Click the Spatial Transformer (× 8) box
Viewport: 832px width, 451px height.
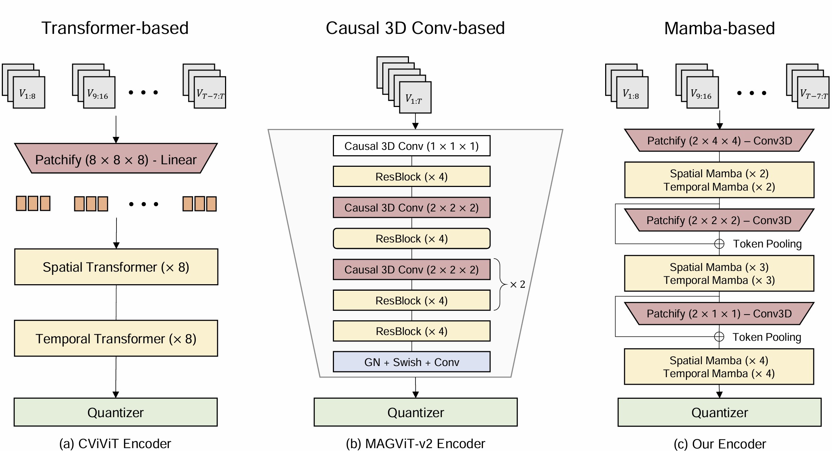(x=116, y=267)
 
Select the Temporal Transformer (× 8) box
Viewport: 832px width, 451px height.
(x=116, y=338)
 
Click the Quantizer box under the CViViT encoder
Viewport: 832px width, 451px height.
(x=115, y=412)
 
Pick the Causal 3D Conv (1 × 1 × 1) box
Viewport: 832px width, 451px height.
(x=411, y=146)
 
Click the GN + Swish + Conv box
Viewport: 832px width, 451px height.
(x=411, y=362)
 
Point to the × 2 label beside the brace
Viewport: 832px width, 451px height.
(x=518, y=284)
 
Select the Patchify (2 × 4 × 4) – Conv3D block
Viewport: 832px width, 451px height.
(x=719, y=140)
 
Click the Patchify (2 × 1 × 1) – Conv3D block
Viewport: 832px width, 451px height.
(x=719, y=313)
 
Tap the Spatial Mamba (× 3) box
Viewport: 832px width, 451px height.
(x=719, y=273)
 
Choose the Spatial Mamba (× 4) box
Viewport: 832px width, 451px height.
(x=719, y=366)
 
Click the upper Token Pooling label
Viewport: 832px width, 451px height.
(x=767, y=244)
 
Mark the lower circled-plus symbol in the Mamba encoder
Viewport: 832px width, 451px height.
(x=719, y=337)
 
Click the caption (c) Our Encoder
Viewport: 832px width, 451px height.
(x=719, y=444)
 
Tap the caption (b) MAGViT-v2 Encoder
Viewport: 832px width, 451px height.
(x=415, y=444)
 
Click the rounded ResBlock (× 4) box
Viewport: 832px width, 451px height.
(x=411, y=238)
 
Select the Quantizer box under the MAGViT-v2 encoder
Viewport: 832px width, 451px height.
(x=415, y=412)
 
